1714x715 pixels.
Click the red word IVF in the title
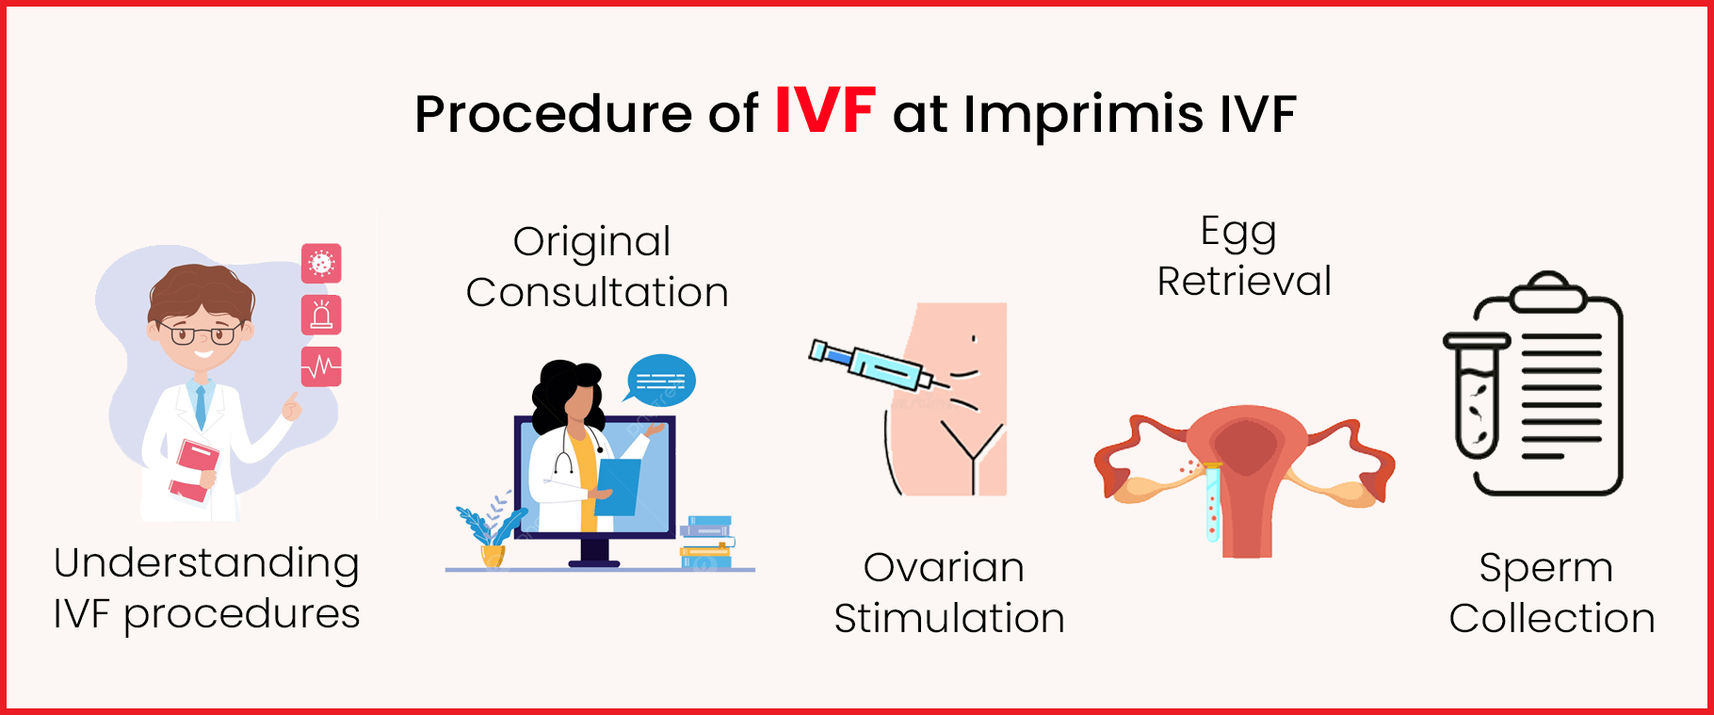[825, 111]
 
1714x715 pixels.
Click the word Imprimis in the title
[1083, 115]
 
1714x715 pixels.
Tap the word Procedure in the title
[553, 115]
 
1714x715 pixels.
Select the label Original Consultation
[596, 268]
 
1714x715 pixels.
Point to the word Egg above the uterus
[1238, 232]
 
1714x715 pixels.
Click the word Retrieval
[1244, 281]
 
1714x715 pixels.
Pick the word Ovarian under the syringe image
[944, 567]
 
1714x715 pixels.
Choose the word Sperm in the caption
[1545, 567]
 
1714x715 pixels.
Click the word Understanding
[206, 563]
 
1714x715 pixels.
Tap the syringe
[870, 366]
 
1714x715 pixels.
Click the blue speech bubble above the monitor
[661, 380]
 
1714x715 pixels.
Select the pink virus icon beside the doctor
[321, 263]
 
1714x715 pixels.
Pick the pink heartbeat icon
[321, 366]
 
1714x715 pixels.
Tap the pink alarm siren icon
[321, 315]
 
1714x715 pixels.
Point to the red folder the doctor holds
[194, 470]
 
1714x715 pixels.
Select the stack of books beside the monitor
[706, 543]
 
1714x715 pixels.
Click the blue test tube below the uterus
[1213, 503]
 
